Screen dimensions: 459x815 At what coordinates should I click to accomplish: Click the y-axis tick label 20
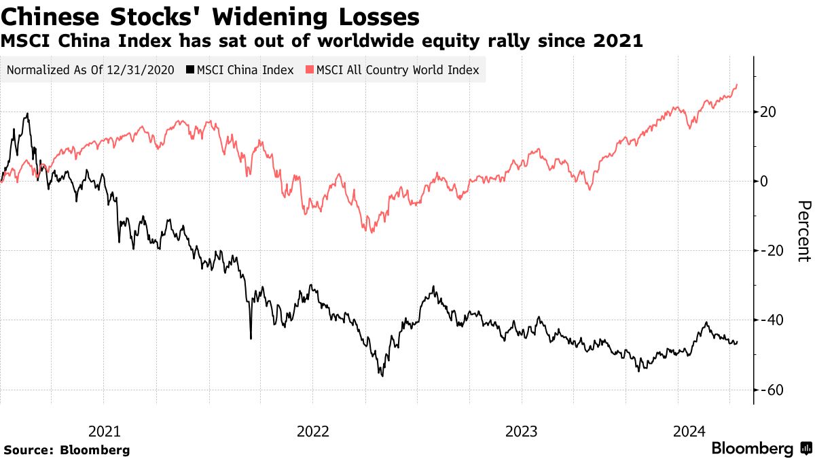point(768,112)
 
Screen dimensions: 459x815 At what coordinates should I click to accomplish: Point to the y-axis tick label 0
point(764,181)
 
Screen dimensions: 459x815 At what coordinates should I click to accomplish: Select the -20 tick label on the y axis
point(772,251)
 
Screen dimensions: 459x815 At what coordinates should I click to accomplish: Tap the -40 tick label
point(772,320)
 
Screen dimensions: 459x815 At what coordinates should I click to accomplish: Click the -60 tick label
point(772,390)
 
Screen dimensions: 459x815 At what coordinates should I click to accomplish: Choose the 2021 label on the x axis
point(105,430)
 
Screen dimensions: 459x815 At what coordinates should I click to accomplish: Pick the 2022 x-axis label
point(312,430)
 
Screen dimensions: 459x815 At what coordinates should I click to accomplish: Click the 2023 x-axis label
point(522,430)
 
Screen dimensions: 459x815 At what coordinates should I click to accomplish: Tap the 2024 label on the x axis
point(689,430)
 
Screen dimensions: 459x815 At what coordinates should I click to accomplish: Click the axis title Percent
point(803,231)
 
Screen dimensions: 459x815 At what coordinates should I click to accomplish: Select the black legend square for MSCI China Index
point(190,70)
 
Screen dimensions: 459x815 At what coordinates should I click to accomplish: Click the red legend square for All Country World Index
point(310,70)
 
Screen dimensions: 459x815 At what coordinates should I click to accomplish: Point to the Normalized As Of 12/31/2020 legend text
point(91,70)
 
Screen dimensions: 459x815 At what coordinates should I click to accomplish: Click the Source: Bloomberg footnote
point(67,449)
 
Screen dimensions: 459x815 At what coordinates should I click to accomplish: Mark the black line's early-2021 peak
point(27,114)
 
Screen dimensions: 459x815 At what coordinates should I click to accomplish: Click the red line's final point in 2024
point(737,84)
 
